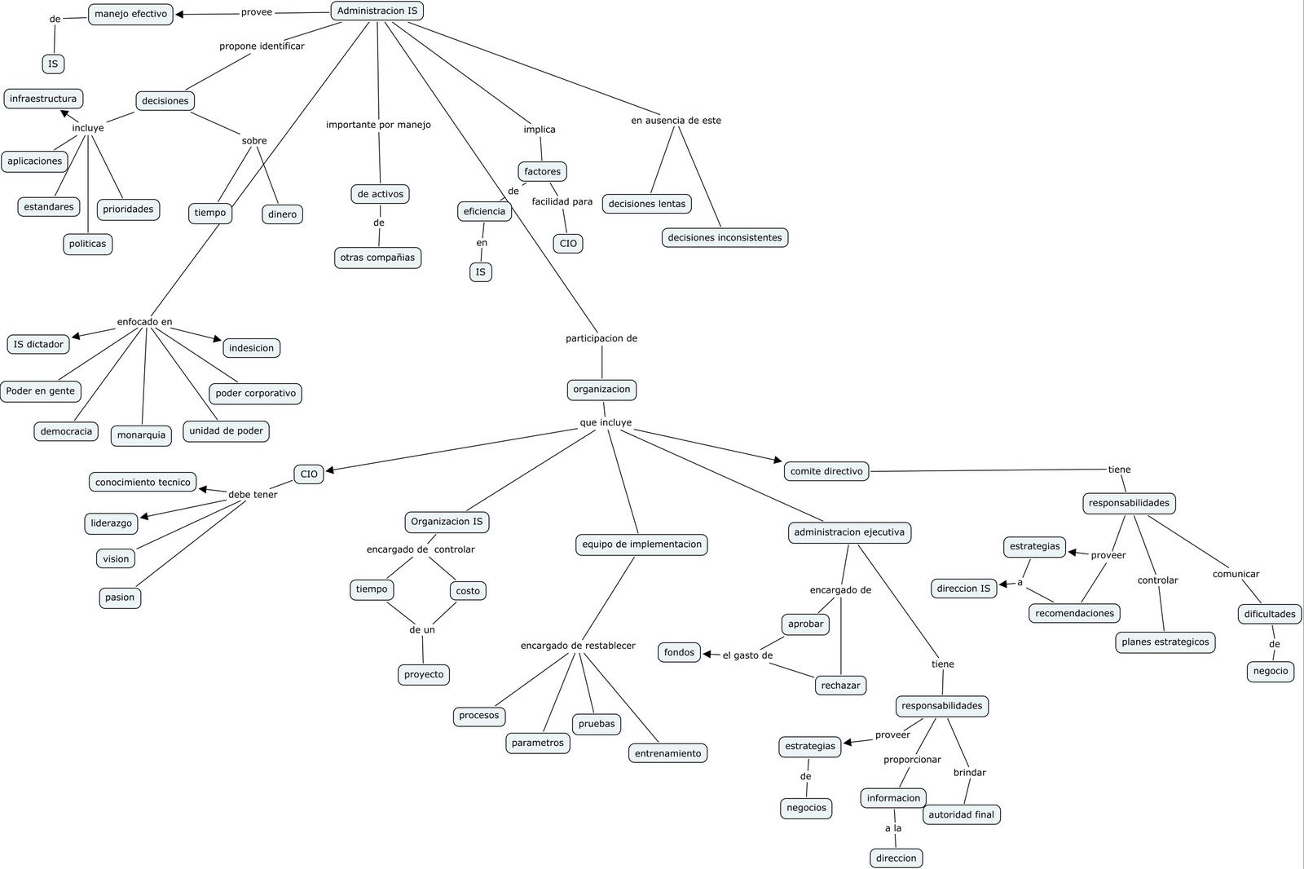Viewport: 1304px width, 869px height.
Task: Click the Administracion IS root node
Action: pos(377,11)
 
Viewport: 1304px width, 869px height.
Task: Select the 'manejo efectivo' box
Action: pos(130,14)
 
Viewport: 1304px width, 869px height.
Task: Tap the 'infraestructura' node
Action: pos(43,99)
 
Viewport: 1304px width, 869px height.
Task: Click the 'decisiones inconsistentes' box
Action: pos(725,238)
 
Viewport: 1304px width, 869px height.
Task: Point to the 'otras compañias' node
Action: pos(377,258)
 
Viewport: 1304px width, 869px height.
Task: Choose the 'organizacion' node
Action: pos(601,390)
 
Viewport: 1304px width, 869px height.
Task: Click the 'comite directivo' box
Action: pos(826,471)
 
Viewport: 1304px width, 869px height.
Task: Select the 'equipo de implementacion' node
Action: pos(641,545)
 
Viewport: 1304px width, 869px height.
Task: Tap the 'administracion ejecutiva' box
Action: pos(848,532)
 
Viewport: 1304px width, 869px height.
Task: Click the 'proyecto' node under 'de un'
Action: pos(424,675)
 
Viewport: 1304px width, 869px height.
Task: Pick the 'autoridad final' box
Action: pos(961,814)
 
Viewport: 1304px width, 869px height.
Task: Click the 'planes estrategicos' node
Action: pos(1165,642)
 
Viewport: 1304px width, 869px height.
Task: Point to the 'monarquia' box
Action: pos(141,435)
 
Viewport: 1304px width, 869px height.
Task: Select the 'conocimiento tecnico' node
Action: pos(143,483)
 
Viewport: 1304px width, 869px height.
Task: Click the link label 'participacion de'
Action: pos(601,338)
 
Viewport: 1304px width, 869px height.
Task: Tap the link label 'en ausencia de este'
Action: pos(676,121)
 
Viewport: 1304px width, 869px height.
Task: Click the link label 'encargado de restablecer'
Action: pos(578,646)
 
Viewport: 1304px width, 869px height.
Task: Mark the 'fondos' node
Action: pos(679,652)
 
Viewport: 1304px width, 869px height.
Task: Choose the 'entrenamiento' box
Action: pos(667,753)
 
